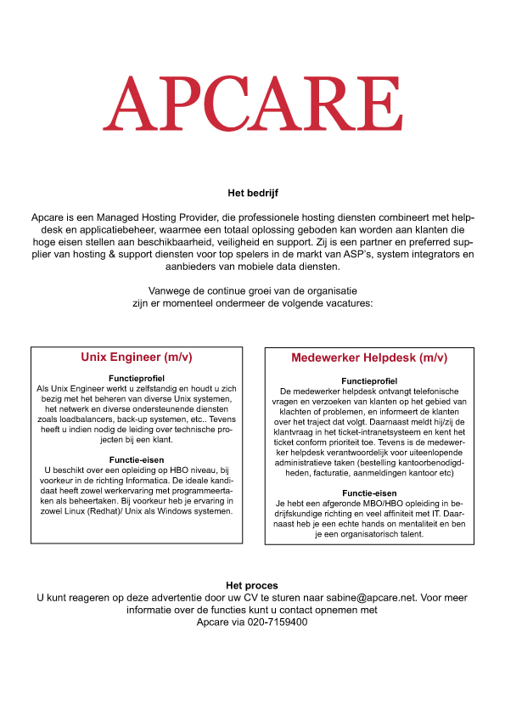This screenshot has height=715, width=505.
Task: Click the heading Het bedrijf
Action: (x=252, y=194)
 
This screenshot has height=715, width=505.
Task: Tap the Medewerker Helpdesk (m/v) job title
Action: (x=369, y=358)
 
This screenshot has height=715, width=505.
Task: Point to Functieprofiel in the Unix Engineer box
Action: (x=137, y=378)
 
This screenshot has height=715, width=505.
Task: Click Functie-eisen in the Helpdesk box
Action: (x=369, y=493)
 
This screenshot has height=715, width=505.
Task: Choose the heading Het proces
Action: (x=252, y=586)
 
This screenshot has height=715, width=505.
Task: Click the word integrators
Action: (x=421, y=254)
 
